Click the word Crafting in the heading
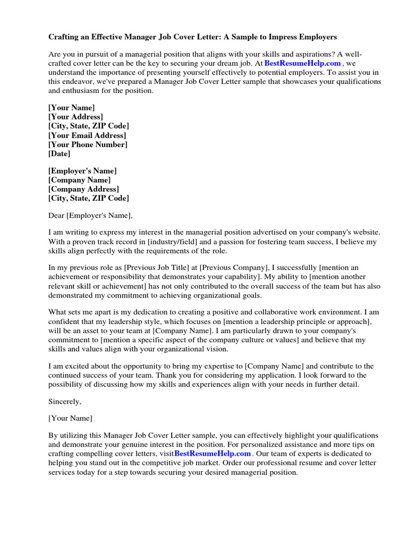coord(65,37)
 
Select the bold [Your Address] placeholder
coord(75,116)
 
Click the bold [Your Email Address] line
coord(87,135)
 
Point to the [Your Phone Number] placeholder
coord(88,144)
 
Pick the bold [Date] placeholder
coord(59,154)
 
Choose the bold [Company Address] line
coord(83,189)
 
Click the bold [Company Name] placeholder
coord(79,180)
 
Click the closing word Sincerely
coord(65,401)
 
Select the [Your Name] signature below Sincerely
coord(70,418)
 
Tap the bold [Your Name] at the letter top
coord(72,107)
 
